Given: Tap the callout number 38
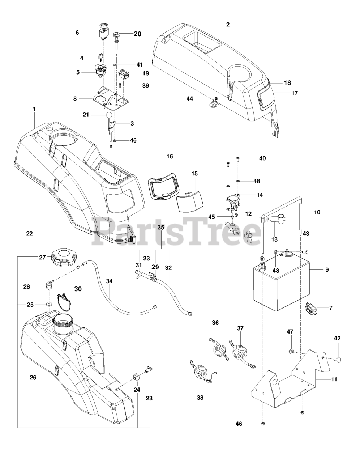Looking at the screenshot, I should pyautogui.click(x=200, y=398).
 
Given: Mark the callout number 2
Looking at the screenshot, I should pyautogui.click(x=228, y=25).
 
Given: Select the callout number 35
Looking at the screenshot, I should pyautogui.click(x=161, y=228).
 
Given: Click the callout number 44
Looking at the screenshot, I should pyautogui.click(x=190, y=98).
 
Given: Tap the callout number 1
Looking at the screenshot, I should pyautogui.click(x=34, y=108).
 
